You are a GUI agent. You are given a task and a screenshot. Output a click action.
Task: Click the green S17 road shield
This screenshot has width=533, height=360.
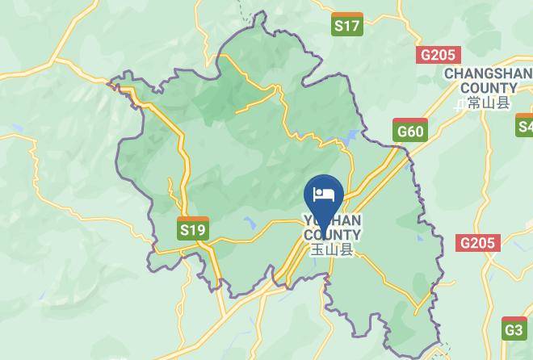click(347, 25)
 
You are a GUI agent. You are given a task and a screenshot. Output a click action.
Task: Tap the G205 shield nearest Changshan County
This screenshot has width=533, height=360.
click(439, 55)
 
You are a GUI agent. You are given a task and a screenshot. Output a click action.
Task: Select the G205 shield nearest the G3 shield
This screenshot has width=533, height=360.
click(477, 242)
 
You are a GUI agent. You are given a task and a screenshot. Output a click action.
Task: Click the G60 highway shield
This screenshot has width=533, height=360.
click(410, 130)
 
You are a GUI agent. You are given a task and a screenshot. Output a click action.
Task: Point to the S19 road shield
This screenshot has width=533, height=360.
click(193, 229)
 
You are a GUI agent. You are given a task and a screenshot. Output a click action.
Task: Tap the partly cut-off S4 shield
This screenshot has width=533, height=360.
click(525, 125)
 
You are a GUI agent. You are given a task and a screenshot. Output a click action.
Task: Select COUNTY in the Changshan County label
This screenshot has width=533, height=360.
click(489, 88)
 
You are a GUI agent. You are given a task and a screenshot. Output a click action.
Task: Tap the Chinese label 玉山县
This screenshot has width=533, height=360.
click(332, 250)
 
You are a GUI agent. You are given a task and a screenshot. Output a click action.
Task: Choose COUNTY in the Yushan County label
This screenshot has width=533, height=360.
click(332, 235)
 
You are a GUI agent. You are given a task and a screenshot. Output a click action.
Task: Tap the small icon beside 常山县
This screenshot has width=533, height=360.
click(461, 103)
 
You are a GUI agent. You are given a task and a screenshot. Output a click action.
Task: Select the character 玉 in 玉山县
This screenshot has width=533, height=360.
click(317, 250)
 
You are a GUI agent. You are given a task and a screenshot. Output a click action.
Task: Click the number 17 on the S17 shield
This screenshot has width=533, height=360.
click(351, 25)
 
